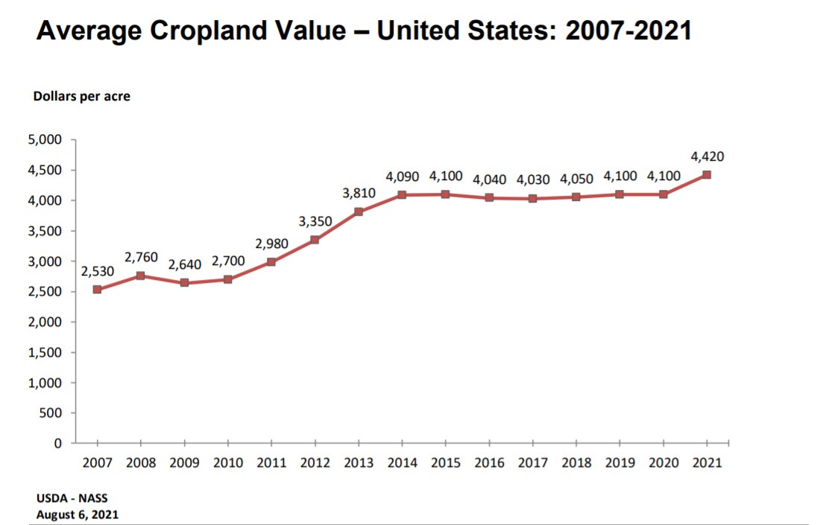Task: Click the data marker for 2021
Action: click(706, 175)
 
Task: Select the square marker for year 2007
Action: click(97, 290)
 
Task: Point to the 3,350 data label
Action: click(315, 221)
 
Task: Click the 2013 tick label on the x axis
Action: click(359, 462)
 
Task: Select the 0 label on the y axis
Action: click(57, 444)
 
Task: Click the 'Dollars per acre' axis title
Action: click(81, 96)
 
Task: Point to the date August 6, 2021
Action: click(78, 514)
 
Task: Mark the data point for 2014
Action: click(402, 195)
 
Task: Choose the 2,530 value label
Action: click(97, 272)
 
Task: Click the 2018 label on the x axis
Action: click(575, 462)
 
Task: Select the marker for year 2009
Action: click(184, 283)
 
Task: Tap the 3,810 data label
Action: click(359, 194)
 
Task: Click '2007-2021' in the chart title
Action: click(628, 31)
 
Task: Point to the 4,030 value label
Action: click(533, 179)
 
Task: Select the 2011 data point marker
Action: click(271, 262)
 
